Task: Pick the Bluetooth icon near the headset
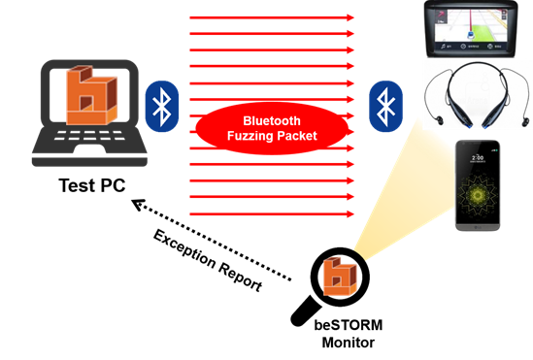pos(386,106)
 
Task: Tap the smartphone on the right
pos(479,185)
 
